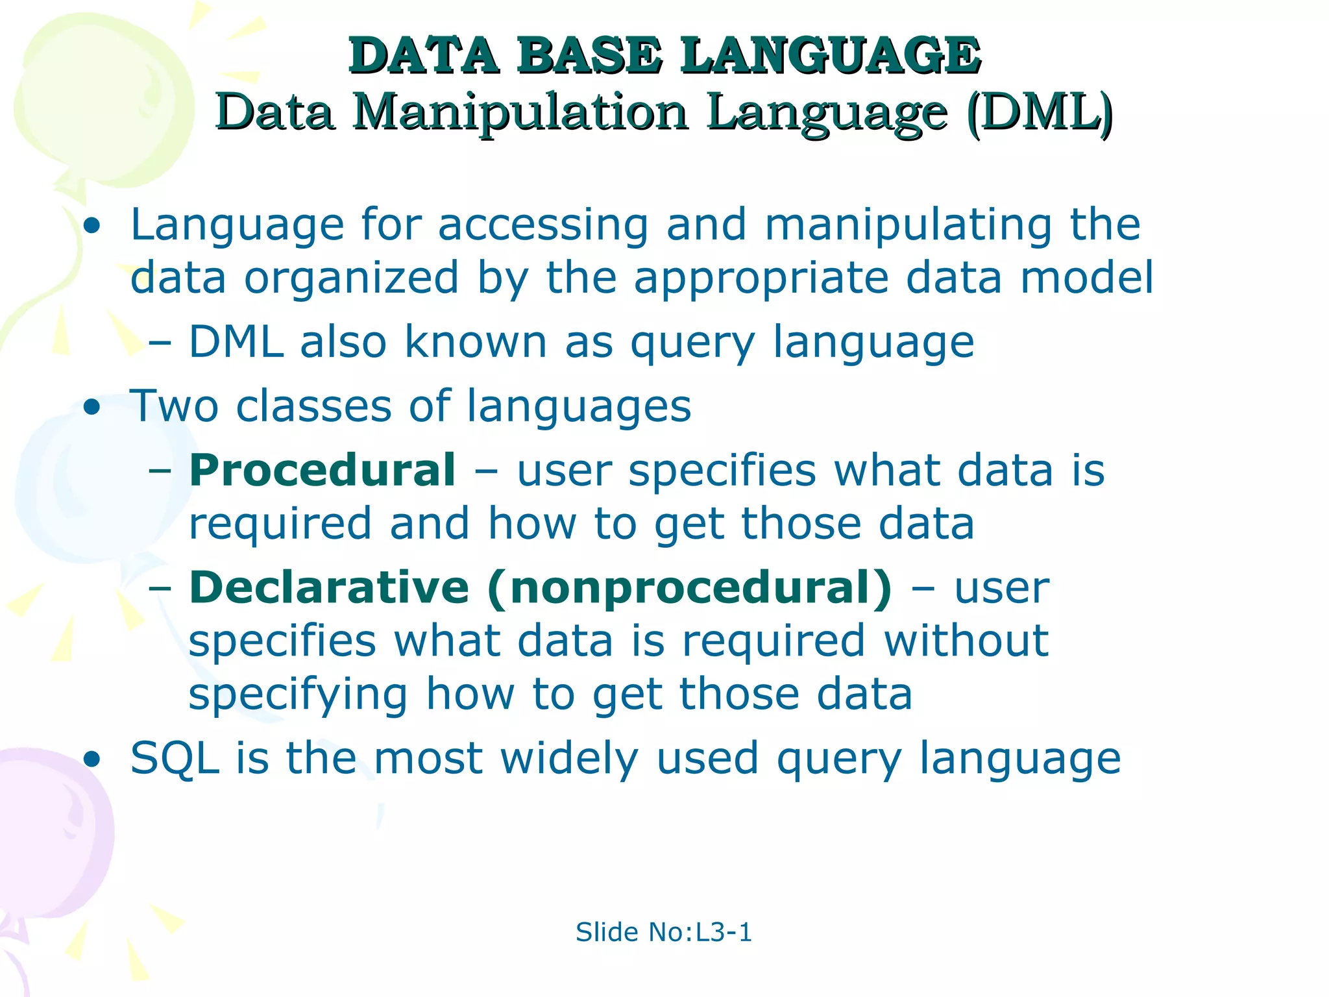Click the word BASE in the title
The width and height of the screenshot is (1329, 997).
tap(589, 56)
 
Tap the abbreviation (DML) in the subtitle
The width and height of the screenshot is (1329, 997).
tap(1040, 114)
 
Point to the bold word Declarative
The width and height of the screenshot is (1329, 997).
tap(329, 587)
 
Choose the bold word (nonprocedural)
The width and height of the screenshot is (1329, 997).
tap(690, 589)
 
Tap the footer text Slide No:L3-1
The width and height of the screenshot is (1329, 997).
tap(663, 932)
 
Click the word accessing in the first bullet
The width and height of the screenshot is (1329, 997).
tap(543, 225)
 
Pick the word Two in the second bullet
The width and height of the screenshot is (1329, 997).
tap(174, 406)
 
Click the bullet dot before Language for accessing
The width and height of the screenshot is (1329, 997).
tap(93, 227)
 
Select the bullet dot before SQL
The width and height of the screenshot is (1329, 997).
tap(93, 759)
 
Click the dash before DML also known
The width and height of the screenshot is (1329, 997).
tap(160, 343)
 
